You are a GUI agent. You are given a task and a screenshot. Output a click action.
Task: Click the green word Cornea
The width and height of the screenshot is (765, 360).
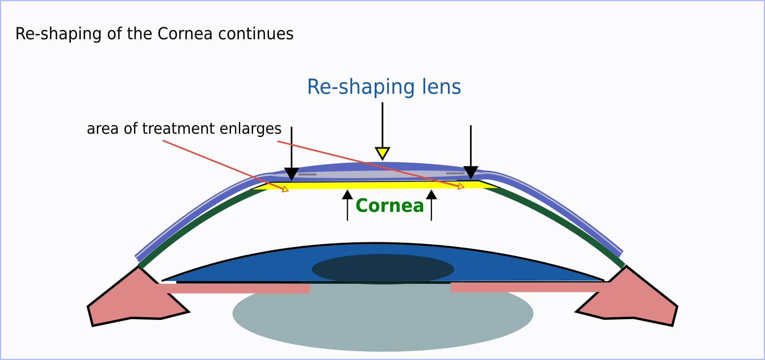pos(389,205)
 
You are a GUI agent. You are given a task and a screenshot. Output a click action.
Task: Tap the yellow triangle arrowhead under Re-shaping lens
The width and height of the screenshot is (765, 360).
pos(382,153)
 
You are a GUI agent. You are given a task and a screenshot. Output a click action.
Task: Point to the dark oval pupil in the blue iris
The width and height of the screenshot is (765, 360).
pos(383,269)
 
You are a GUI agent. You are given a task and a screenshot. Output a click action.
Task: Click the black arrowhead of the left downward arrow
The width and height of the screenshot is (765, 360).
pos(291,173)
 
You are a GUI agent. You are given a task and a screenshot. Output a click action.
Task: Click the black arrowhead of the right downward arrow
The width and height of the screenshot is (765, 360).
pos(470,172)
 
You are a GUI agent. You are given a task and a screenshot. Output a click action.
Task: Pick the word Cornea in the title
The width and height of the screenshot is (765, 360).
pos(185,34)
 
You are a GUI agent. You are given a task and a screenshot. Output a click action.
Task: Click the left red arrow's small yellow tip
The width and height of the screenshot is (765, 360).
pos(285,189)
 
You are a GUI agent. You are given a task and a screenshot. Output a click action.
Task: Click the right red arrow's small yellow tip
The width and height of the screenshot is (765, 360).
pos(461,186)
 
